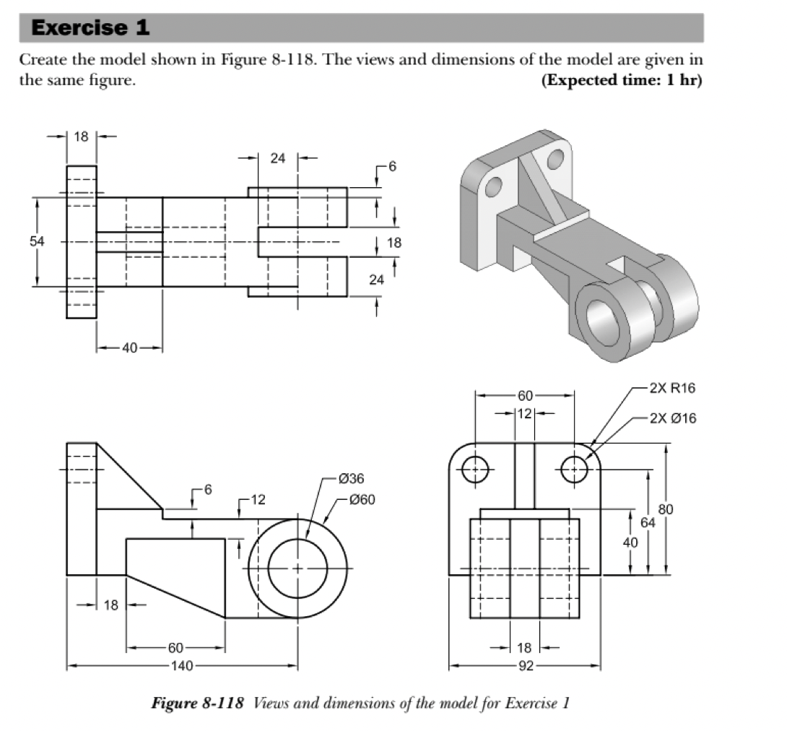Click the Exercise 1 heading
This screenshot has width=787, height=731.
pyautogui.click(x=91, y=28)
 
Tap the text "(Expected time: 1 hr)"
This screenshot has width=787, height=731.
pyautogui.click(x=621, y=80)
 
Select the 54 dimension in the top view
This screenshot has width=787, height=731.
pyautogui.click(x=36, y=242)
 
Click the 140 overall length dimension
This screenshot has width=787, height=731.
pyautogui.click(x=182, y=666)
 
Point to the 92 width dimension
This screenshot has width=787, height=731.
pyautogui.click(x=525, y=666)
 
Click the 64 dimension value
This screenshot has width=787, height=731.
pyautogui.click(x=648, y=522)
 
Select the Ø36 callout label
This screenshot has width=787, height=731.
pyautogui.click(x=351, y=478)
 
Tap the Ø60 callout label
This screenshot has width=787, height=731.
pyautogui.click(x=361, y=499)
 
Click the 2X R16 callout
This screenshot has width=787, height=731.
pyautogui.click(x=671, y=388)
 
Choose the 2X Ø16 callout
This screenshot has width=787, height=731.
pyautogui.click(x=671, y=418)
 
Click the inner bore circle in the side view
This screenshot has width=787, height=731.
pyautogui.click(x=297, y=568)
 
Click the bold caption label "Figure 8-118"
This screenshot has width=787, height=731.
pyautogui.click(x=199, y=703)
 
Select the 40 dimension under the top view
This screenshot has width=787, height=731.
pyautogui.click(x=129, y=348)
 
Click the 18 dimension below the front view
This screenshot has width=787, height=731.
pyautogui.click(x=525, y=648)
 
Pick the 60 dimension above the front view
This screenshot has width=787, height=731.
pyautogui.click(x=525, y=395)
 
